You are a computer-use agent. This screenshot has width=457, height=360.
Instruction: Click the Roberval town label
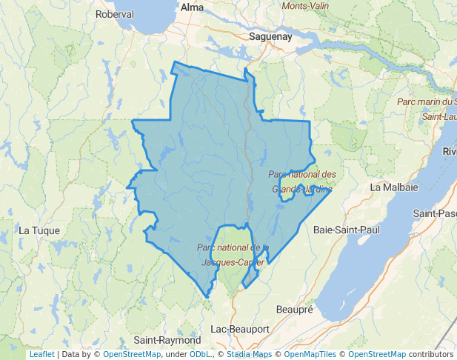[115, 14]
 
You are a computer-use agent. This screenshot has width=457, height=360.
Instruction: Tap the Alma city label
[192, 7]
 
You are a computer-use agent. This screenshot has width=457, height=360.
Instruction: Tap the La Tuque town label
[34, 230]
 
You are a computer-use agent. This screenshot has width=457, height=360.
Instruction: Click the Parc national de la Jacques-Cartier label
[233, 254]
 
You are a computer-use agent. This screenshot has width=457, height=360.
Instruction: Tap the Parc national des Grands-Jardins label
[302, 181]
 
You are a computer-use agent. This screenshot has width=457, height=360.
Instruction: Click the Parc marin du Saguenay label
[426, 101]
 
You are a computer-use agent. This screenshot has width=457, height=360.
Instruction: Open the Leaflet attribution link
[41, 354]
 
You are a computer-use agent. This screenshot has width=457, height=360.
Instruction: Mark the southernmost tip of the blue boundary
[207, 298]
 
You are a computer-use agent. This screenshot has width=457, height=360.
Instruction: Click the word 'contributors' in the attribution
[431, 354]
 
